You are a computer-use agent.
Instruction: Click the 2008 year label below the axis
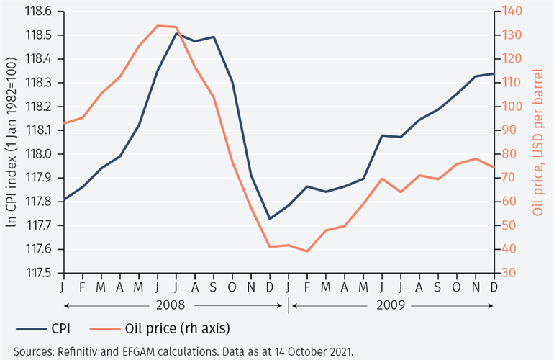click(x=173, y=305)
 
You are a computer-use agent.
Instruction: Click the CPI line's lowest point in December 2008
click(x=270, y=219)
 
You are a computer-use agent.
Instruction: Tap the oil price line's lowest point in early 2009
click(x=307, y=251)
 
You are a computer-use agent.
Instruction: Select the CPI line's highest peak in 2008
click(x=176, y=33)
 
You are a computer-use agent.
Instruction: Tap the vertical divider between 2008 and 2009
click(x=289, y=305)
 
